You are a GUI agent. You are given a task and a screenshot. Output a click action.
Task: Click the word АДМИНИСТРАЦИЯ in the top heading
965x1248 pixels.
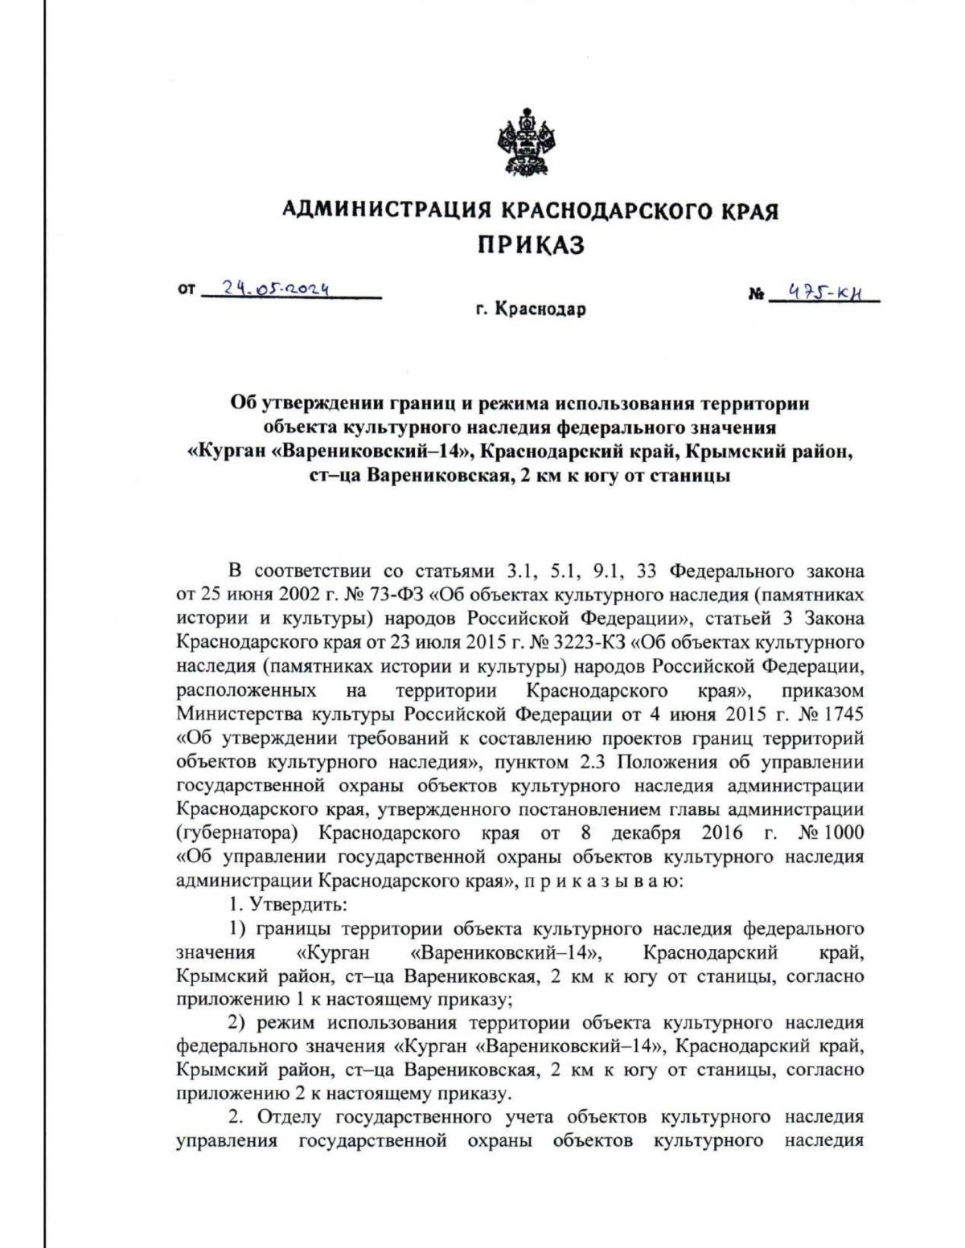[386, 211]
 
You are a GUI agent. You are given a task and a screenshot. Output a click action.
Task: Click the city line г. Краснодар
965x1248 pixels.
[530, 309]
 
